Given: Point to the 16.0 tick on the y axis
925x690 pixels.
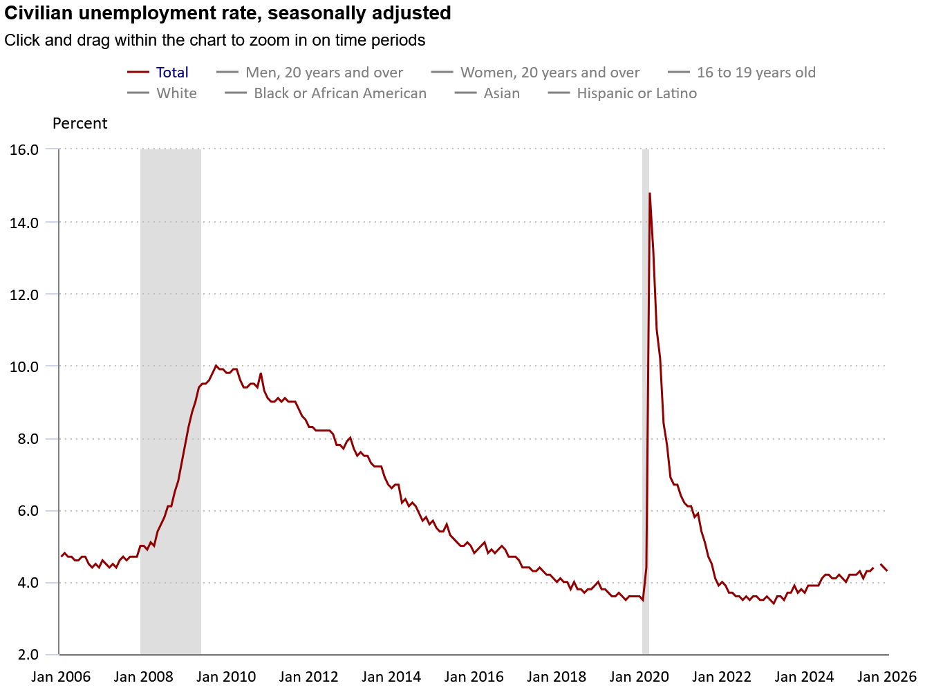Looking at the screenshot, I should click(x=24, y=149).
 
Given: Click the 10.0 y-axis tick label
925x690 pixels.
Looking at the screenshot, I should click(x=24, y=366).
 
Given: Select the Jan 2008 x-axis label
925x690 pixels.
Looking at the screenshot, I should click(x=144, y=677).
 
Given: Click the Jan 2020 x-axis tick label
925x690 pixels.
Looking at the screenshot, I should click(x=639, y=677).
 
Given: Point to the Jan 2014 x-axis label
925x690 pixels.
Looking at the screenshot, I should click(x=391, y=677).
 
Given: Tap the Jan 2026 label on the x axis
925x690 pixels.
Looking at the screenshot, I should click(x=887, y=677).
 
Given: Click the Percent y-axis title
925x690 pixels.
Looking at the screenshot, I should click(x=80, y=124).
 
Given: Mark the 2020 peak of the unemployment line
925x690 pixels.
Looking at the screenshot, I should click(x=650, y=194).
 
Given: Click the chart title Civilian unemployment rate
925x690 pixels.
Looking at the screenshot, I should click(x=227, y=13).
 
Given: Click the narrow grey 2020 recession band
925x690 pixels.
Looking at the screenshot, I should click(x=646, y=415).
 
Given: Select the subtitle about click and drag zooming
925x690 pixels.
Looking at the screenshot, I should click(x=214, y=40).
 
